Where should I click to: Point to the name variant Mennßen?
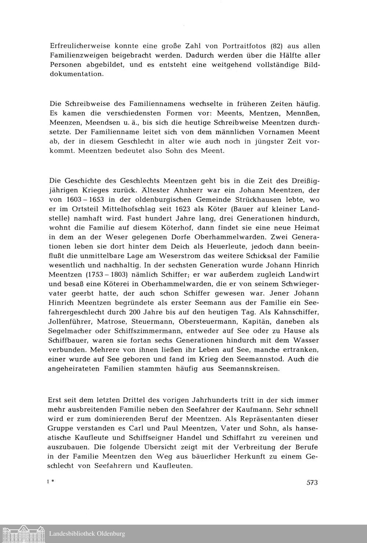(x=305, y=113)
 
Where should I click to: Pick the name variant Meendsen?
(x=106, y=122)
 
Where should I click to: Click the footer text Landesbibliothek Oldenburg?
(x=87, y=533)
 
